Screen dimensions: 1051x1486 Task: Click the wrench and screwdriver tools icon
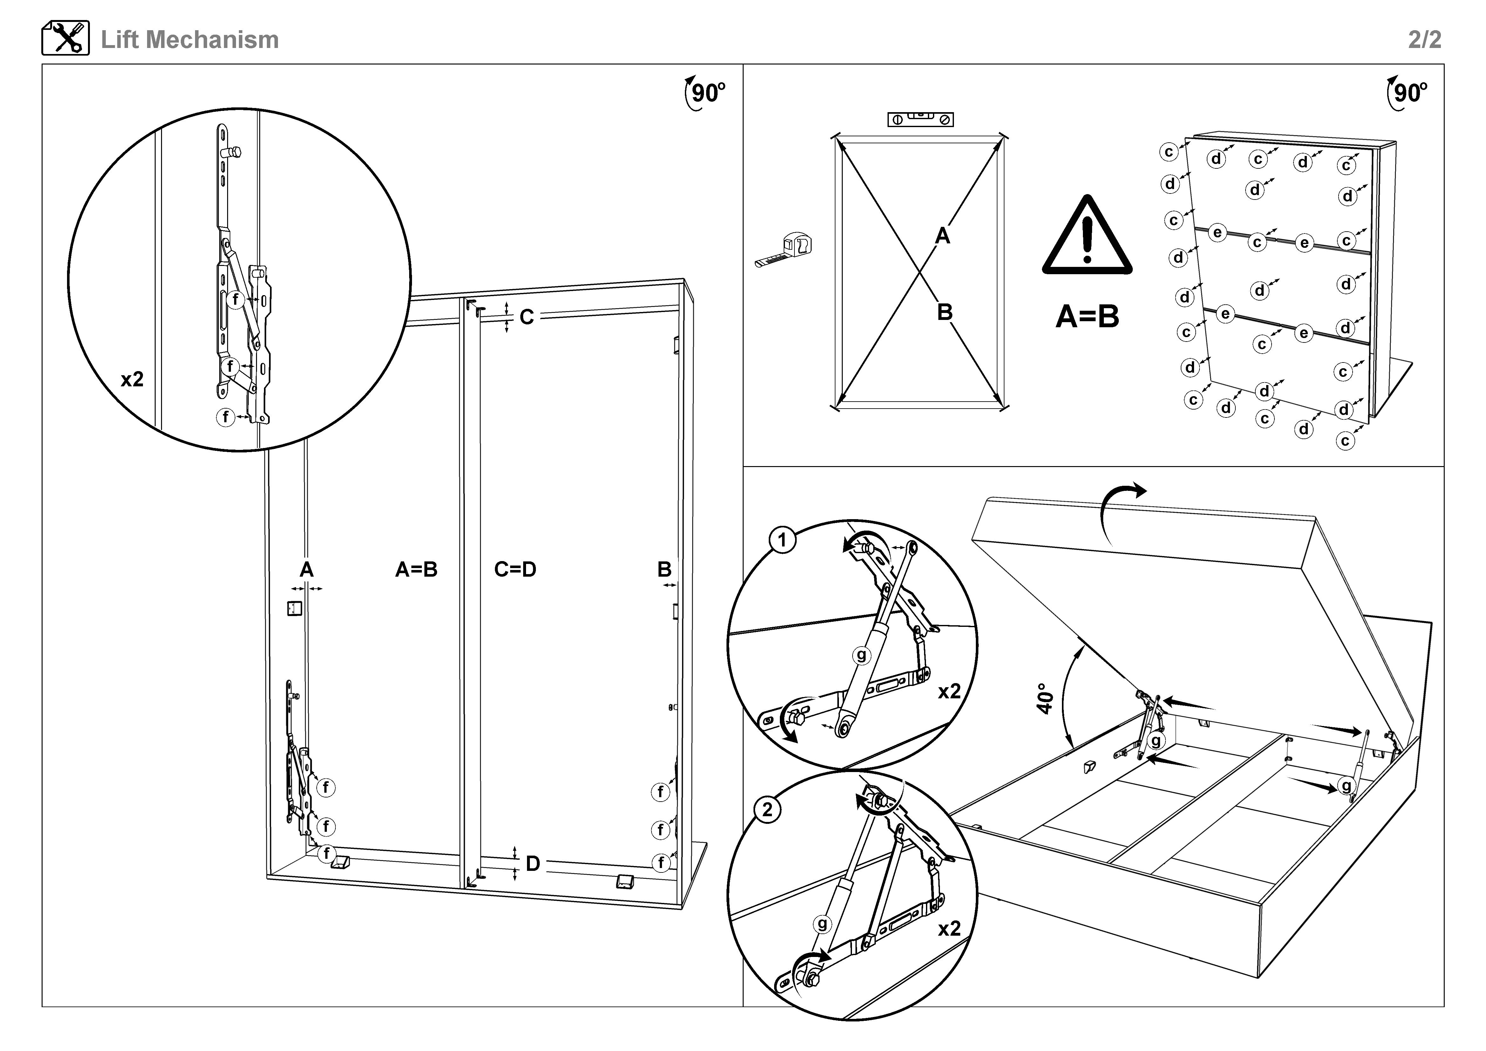click(x=65, y=38)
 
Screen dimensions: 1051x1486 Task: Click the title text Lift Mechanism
click(x=190, y=39)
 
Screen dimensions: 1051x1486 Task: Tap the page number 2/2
click(x=1424, y=39)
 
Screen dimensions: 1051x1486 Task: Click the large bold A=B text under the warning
click(x=1087, y=316)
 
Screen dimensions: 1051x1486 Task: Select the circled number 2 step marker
click(x=767, y=810)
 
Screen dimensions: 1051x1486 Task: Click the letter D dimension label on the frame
click(x=533, y=863)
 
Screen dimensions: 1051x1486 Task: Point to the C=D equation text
click(x=515, y=570)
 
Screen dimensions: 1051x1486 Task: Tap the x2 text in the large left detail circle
click(x=132, y=379)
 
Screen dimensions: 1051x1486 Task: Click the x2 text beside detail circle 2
click(x=949, y=929)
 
